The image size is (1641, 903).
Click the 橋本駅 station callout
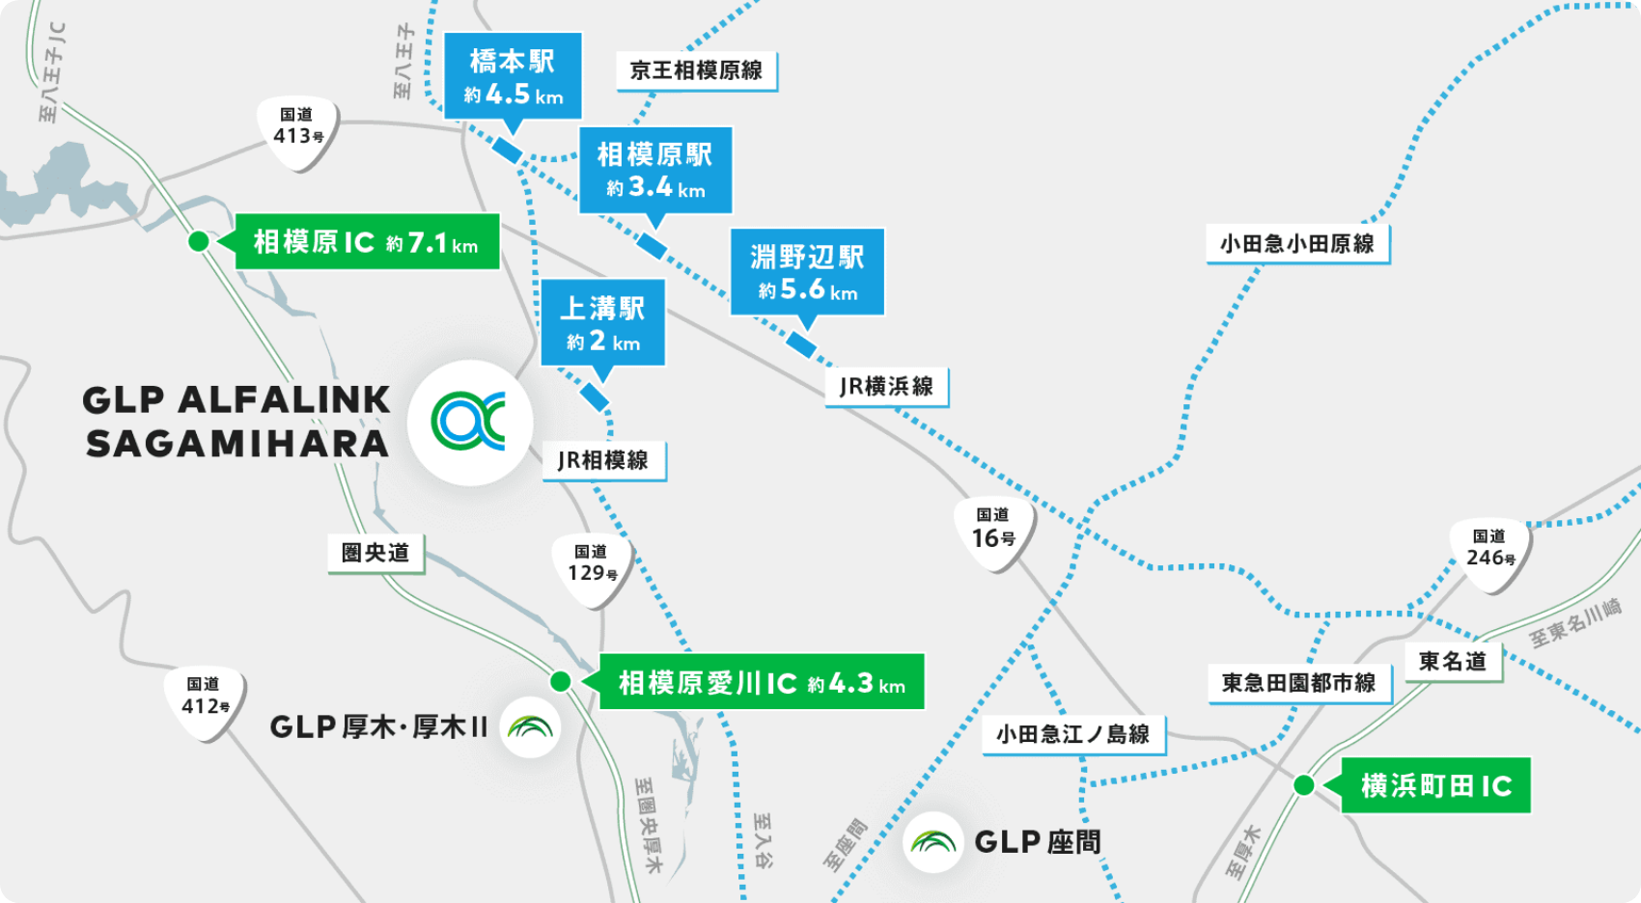tap(513, 76)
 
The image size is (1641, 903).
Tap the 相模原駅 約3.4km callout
tap(655, 170)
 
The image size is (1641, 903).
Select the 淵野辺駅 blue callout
tap(807, 272)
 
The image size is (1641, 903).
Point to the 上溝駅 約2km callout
tap(602, 323)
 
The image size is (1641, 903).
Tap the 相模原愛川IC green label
tap(762, 682)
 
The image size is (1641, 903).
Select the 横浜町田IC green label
tap(1435, 785)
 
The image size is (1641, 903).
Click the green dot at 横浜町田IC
tap(1303, 785)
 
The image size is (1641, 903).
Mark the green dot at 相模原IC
tap(198, 241)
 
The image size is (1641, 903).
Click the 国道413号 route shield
tap(297, 130)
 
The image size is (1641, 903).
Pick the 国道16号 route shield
tap(993, 532)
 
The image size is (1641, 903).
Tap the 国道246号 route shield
tap(1489, 552)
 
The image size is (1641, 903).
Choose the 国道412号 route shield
tap(206, 700)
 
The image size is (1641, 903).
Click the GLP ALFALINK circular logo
tap(470, 422)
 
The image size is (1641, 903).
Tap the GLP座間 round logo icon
tap(933, 842)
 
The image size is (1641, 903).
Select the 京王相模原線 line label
tap(696, 70)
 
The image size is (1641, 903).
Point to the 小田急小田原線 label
tap(1296, 243)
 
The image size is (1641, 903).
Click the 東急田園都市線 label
tap(1298, 683)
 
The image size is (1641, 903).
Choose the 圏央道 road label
tap(375, 553)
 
